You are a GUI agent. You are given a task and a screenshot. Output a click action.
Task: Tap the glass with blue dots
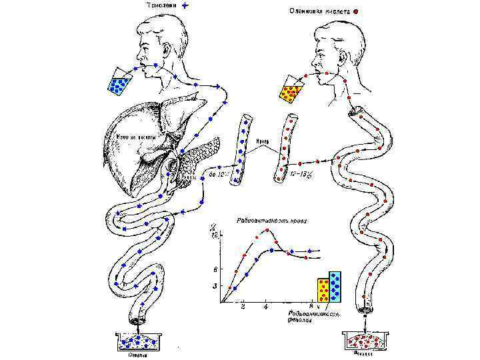(x=121, y=82)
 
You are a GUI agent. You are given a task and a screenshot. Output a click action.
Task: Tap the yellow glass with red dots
(x=290, y=91)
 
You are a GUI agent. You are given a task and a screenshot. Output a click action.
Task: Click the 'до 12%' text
(x=220, y=175)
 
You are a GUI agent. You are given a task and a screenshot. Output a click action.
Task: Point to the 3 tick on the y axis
(x=215, y=286)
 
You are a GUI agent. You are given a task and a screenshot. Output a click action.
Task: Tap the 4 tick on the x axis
(x=266, y=307)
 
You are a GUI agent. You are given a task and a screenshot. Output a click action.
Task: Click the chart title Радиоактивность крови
(x=267, y=220)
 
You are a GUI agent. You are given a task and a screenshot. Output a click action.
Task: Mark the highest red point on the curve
(x=268, y=230)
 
